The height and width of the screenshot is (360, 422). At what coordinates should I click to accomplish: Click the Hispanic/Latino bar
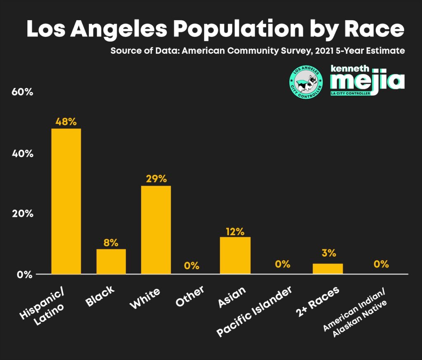66,201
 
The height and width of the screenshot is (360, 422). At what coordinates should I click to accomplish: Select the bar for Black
111,261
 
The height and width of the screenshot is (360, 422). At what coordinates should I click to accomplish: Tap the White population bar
156,230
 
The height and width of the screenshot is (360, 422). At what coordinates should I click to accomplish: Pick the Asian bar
235,255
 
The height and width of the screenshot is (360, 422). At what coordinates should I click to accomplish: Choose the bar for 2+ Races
328,268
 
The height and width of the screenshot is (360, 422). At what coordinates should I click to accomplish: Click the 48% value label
66,122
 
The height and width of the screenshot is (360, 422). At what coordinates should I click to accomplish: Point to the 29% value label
156,179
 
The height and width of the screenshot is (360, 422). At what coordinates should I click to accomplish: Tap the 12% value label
235,231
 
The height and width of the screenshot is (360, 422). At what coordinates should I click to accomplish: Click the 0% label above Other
192,265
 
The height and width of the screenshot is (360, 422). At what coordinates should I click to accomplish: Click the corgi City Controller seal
306,81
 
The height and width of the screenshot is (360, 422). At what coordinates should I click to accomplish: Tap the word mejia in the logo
367,82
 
